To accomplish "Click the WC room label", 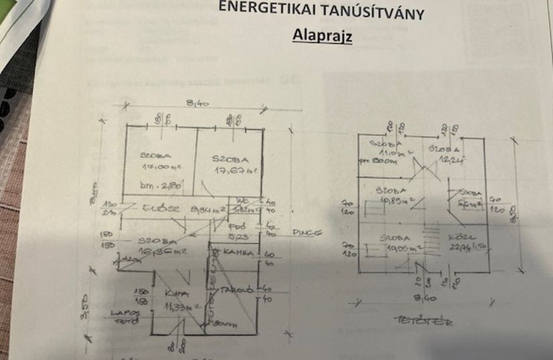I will pos(241,200).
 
